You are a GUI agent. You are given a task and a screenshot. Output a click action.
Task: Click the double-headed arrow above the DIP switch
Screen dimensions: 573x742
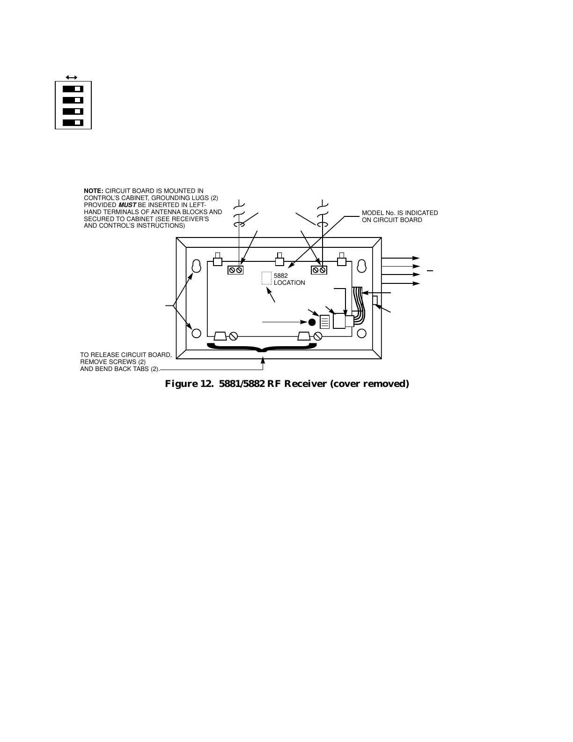tap(72, 77)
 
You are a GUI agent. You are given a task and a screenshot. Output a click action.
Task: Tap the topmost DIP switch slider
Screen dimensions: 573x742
tap(73, 89)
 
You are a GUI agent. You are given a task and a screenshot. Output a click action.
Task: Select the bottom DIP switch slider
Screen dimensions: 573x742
tap(73, 123)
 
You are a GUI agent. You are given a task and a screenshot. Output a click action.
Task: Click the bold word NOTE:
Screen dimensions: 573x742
tap(93, 191)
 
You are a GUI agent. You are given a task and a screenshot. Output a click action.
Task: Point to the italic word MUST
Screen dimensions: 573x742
tap(127, 205)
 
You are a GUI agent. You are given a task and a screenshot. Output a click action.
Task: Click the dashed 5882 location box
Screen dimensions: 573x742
tap(266, 278)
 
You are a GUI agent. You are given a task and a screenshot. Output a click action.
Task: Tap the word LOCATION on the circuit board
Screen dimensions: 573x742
tap(289, 283)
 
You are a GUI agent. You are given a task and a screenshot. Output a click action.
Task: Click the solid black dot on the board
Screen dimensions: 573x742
tap(312, 322)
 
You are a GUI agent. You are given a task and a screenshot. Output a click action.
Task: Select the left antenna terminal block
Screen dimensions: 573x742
tap(235, 270)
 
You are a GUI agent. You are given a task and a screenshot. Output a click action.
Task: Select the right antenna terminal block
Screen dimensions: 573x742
tap(319, 270)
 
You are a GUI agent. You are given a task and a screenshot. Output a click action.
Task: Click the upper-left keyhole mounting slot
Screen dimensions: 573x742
tap(197, 265)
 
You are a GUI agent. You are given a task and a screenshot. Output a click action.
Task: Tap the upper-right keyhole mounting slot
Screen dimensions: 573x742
tap(361, 265)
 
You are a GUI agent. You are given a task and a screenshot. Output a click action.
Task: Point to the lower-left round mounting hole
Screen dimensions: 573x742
tap(197, 333)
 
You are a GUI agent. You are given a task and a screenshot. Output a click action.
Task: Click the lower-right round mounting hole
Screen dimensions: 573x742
tap(361, 333)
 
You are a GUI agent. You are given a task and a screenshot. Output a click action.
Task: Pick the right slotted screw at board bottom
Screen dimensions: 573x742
tap(318, 336)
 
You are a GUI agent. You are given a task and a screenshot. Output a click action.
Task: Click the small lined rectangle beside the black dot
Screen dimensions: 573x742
tap(325, 322)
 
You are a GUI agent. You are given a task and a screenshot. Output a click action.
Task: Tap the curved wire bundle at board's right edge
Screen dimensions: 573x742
tap(358, 304)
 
